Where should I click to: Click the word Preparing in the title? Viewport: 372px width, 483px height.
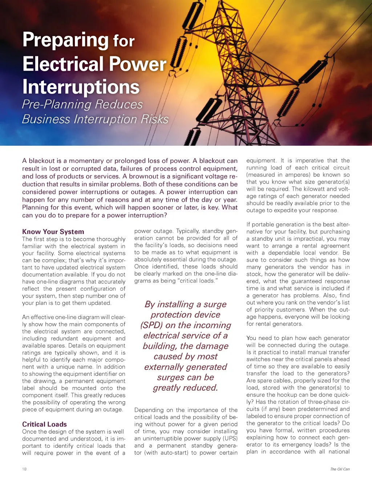[x=66, y=40]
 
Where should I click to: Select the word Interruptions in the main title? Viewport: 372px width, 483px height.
[x=81, y=87]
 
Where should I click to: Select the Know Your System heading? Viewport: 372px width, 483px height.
[x=53, y=232]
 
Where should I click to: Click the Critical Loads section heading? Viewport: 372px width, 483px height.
[x=44, y=424]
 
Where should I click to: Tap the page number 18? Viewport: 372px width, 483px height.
[x=24, y=469]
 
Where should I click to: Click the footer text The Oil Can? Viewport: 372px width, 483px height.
[x=340, y=469]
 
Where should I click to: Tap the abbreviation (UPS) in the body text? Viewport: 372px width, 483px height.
[x=230, y=439]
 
